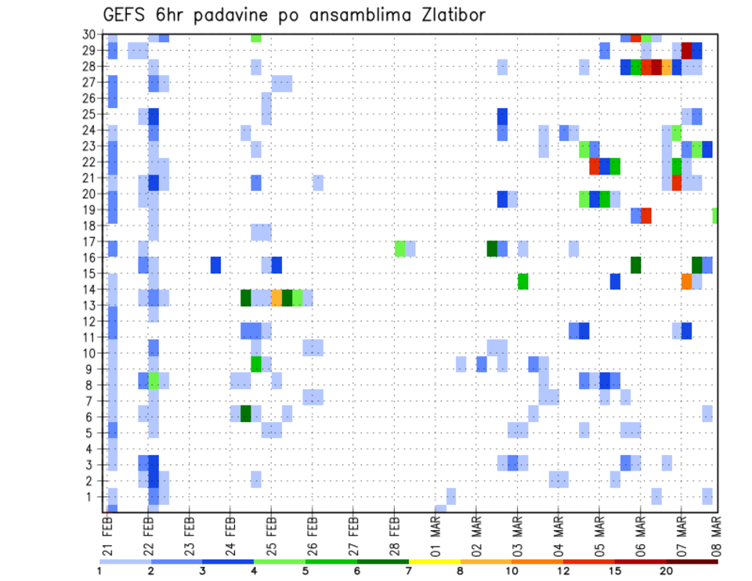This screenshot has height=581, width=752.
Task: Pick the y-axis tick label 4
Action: coord(92,449)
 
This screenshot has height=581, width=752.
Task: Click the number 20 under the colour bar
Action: coord(667,571)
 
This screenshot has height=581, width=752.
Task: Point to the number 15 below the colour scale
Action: coord(616,571)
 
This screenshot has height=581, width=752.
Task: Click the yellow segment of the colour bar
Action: coord(434,561)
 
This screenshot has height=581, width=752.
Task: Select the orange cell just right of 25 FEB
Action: coord(277,298)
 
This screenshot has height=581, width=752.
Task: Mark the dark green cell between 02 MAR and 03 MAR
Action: coord(492,248)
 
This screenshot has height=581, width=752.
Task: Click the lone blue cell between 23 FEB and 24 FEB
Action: coord(215,265)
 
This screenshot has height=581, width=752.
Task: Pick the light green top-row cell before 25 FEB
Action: coord(256,38)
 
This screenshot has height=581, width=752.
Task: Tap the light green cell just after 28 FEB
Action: coord(399,248)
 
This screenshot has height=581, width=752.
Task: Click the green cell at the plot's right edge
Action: coord(714,215)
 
